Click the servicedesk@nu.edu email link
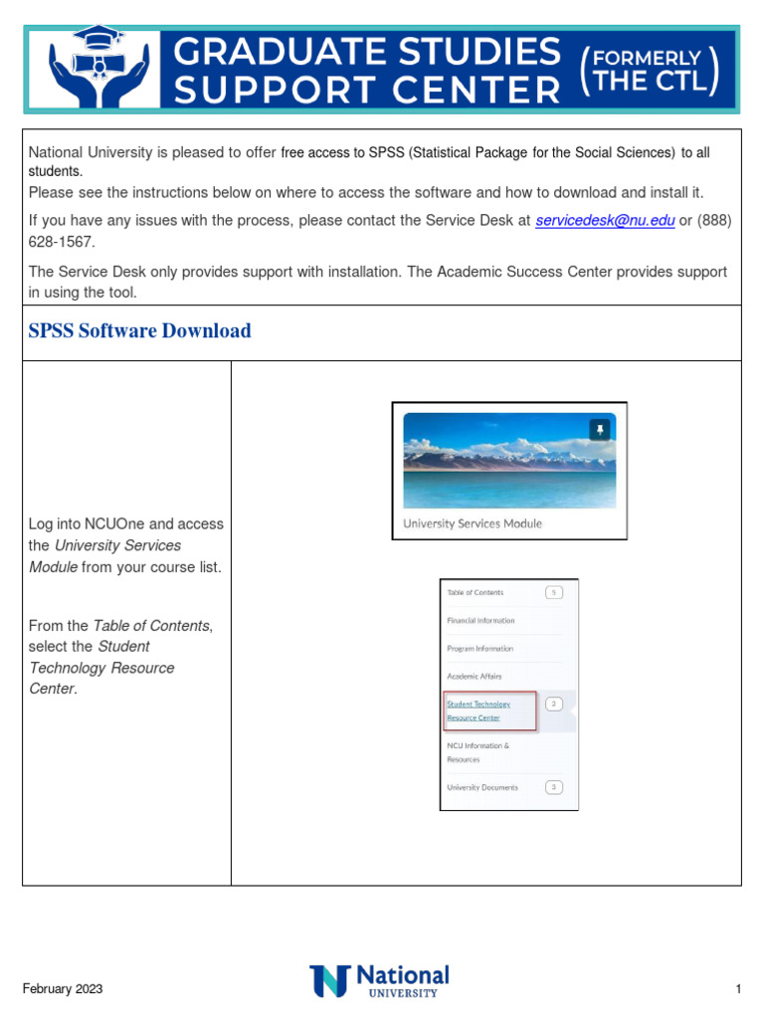pos(605,221)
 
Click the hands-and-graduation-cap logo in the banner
pos(98,68)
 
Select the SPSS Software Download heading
pos(140,331)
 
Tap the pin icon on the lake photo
pos(600,429)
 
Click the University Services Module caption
pos(473,523)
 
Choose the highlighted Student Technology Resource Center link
pos(478,711)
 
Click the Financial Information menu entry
pos(480,620)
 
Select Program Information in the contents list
pos(479,648)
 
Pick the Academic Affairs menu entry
pos(475,676)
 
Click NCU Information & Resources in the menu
pos(477,752)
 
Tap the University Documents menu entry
pos(482,787)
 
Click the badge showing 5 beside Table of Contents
pos(554,592)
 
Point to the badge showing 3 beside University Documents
pos(554,787)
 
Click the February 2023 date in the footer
pos(63,989)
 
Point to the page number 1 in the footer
pos(739,989)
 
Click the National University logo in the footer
pos(380,980)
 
